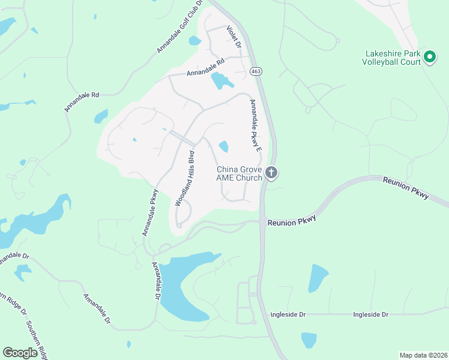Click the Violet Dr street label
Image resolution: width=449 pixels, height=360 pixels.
click(x=234, y=37)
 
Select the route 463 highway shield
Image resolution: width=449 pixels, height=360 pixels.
click(x=256, y=71)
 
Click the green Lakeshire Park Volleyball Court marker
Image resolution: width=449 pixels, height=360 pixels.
click(x=429, y=57)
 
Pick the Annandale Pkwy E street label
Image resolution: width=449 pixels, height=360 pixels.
click(x=255, y=125)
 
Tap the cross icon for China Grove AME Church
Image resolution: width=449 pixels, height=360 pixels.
click(x=271, y=173)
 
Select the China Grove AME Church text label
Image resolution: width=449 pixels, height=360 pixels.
click(x=240, y=173)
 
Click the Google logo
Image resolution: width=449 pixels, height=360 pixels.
click(x=20, y=353)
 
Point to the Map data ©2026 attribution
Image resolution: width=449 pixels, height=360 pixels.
click(x=423, y=355)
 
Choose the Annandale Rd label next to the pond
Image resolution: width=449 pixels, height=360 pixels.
click(x=205, y=67)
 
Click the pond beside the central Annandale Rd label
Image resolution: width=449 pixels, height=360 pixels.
click(x=221, y=82)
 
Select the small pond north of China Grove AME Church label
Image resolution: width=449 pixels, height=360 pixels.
click(x=224, y=146)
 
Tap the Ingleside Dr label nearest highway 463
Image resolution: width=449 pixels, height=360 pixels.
click(x=288, y=314)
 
